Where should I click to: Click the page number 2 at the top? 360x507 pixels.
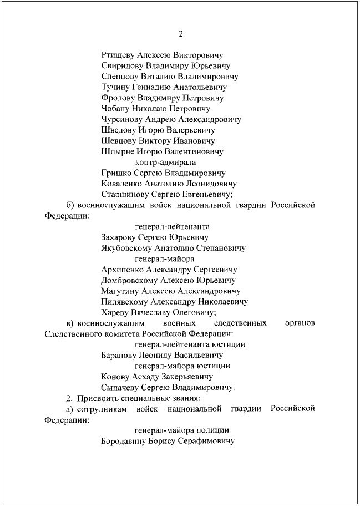(x=180, y=34)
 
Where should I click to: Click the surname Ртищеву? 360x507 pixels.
(x=118, y=55)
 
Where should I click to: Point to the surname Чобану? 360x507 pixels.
(x=116, y=109)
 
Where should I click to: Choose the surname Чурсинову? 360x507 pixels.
(x=123, y=119)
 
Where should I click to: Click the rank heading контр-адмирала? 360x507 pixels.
(x=169, y=162)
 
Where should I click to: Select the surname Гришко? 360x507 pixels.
(x=116, y=173)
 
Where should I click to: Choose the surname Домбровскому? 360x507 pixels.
(x=128, y=280)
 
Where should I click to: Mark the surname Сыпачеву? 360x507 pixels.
(x=120, y=387)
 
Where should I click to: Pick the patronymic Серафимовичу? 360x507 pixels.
(x=205, y=441)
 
